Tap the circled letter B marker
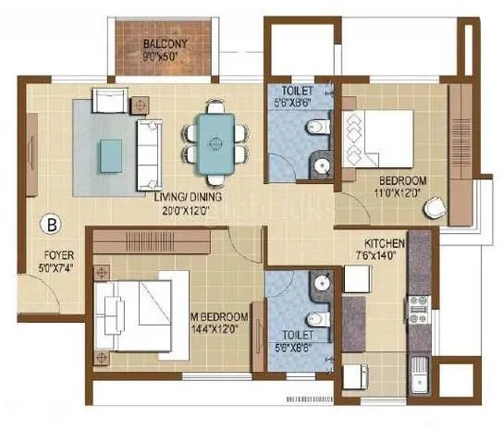pyautogui.click(x=52, y=222)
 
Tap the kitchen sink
pyautogui.click(x=420, y=370)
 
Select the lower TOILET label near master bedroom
pyautogui.click(x=296, y=334)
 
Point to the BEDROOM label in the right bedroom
pyautogui.click(x=403, y=179)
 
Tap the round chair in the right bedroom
pyautogui.click(x=435, y=208)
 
